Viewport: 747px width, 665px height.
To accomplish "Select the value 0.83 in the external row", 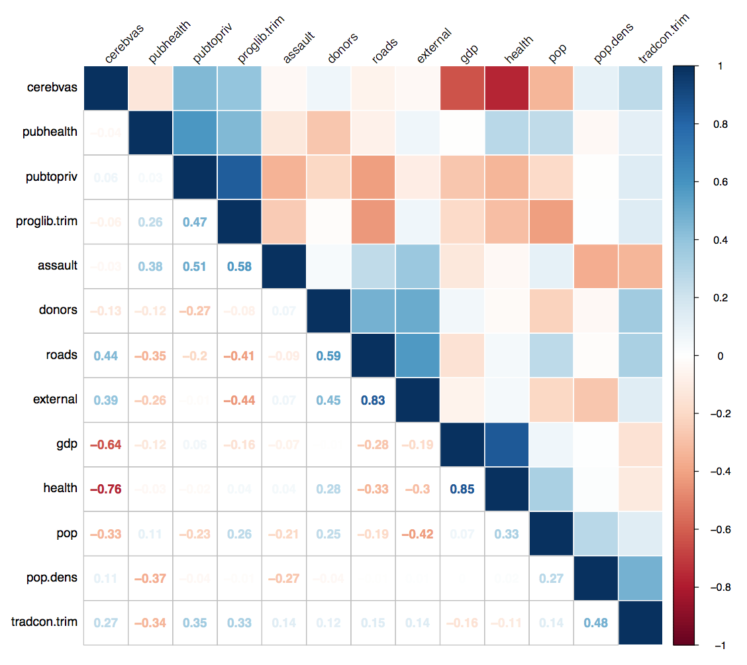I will click(373, 400).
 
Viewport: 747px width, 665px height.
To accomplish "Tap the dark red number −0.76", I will click(106, 489).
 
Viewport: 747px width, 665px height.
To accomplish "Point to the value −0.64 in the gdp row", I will click(106, 444).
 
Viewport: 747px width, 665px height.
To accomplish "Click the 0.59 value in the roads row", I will click(329, 356).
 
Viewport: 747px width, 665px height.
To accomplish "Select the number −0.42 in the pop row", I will click(418, 534).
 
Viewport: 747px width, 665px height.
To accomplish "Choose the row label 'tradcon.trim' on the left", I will click(44, 622).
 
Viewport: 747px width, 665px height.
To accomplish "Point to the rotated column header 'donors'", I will click(344, 48).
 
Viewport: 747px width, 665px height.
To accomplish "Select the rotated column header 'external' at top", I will click(434, 46).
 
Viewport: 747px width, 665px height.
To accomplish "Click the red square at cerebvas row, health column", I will click(507, 88).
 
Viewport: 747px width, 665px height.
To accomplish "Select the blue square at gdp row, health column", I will click(507, 444).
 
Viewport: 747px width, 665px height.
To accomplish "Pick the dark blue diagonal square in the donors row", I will click(329, 311).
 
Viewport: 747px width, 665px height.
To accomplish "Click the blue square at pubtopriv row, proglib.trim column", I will click(240, 177).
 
